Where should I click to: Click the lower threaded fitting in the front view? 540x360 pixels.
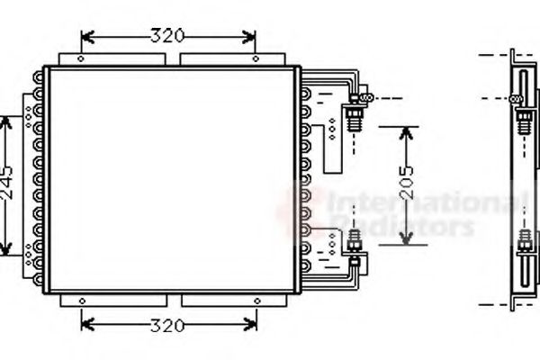tap(354, 242)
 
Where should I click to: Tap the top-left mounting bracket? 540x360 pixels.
tap(112, 59)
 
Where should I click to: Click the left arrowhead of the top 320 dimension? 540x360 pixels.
tap(86, 37)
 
